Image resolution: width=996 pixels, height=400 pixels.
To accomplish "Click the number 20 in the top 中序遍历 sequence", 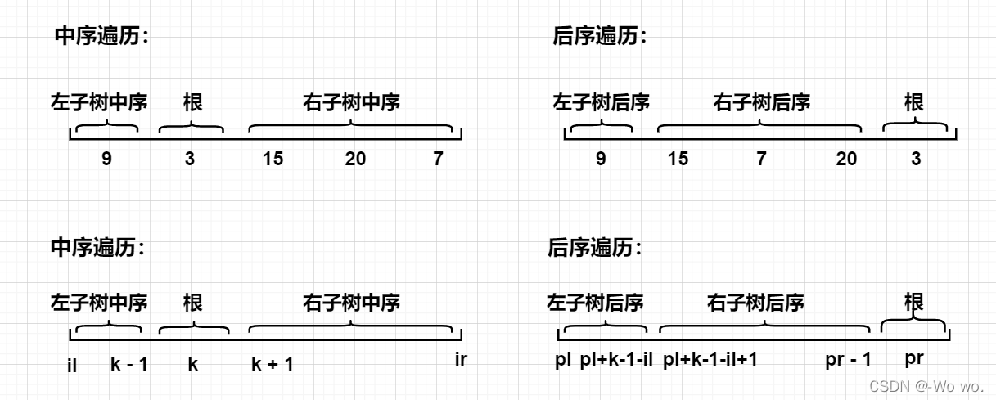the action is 355,159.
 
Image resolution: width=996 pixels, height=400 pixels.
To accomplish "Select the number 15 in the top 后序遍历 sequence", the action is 678,159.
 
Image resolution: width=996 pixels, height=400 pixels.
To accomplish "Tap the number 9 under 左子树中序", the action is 106,159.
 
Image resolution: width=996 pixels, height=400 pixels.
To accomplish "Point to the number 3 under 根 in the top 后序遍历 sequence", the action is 916,159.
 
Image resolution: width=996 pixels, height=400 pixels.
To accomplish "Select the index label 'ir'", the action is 461,358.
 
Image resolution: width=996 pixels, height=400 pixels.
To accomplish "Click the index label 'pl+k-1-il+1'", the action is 710,360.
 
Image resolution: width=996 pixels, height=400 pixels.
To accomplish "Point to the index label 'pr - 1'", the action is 849,360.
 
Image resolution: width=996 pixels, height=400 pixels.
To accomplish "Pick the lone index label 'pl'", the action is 563,360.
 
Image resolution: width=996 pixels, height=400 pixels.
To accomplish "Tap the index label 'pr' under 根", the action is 916,360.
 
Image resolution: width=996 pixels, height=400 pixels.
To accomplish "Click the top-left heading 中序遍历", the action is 101,36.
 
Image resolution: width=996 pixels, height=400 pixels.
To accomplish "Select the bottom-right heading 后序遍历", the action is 593,247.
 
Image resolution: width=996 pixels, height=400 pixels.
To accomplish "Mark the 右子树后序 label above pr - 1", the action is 755,303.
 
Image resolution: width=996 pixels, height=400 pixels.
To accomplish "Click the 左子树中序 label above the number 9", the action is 99,103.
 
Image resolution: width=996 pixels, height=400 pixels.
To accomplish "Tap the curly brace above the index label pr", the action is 913,325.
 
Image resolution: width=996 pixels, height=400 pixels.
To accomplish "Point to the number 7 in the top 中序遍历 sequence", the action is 439,159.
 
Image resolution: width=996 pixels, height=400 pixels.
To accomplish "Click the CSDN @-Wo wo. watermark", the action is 926,386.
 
